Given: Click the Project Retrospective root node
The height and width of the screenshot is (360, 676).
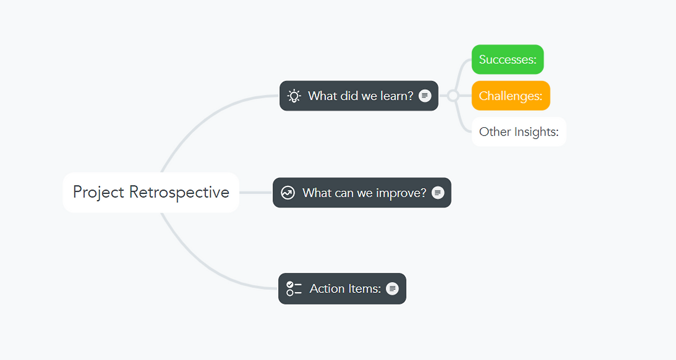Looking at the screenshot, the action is coord(151,192).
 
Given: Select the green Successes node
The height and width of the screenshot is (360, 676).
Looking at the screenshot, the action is coord(508,60).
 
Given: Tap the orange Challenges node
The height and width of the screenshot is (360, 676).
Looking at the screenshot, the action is coord(511,96).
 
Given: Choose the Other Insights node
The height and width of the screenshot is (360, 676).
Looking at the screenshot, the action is coord(519,132).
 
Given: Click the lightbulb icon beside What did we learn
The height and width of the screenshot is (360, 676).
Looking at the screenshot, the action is coord(294,96).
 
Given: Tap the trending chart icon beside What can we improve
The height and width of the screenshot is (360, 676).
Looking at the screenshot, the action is coord(288,193).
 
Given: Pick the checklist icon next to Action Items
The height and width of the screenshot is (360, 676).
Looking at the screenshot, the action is coord(294,289).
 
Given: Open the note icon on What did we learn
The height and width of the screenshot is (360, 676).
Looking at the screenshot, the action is coord(425,96).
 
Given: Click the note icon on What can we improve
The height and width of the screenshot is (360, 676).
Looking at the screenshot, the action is coord(438,192).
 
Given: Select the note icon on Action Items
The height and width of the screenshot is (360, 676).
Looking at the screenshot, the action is coord(392,289).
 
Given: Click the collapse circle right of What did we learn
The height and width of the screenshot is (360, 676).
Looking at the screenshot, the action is coord(453,96).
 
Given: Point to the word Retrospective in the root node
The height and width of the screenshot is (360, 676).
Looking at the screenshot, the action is coord(179,192).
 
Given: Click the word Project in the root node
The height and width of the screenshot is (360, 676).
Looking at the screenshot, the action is coord(98,192).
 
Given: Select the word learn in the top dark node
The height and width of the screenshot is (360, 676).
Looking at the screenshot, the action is coord(397,96).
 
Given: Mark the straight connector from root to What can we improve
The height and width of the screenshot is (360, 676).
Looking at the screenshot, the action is coord(256,192).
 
